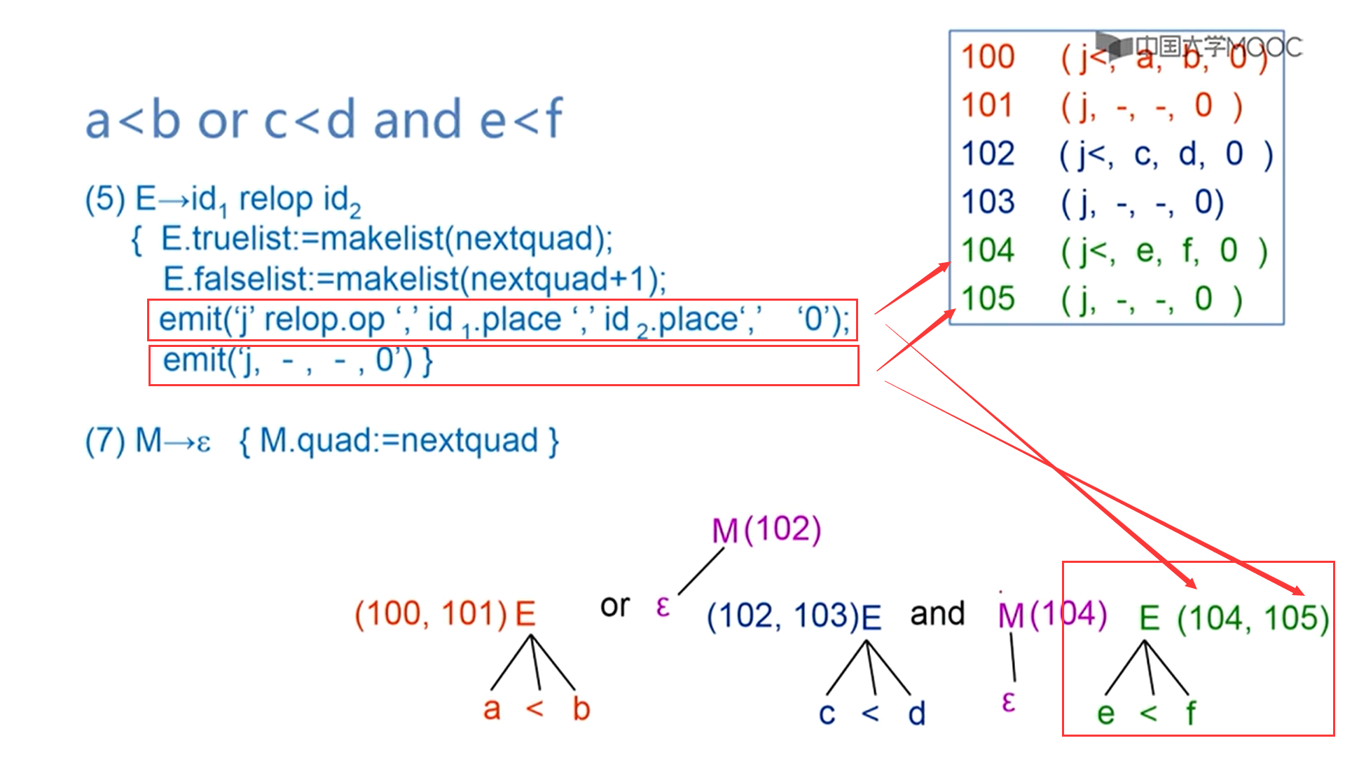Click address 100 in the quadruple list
point(988,57)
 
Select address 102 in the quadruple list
point(988,154)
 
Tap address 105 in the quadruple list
point(988,299)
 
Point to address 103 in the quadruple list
point(988,202)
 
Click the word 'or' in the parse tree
point(615,606)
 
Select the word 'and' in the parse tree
point(937,614)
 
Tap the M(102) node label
point(766,530)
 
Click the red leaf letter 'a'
point(492,709)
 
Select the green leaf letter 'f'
point(1190,714)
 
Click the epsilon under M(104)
point(1008,702)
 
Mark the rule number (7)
point(104,442)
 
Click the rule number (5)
point(104,199)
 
